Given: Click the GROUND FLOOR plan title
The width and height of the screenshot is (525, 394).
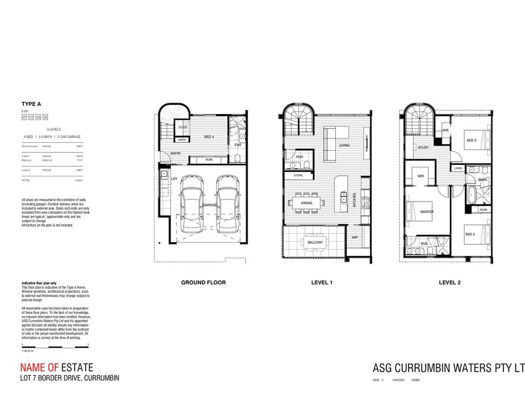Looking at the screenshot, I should pos(203,282).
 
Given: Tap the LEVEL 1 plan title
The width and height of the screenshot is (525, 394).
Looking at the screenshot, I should pos(322,282).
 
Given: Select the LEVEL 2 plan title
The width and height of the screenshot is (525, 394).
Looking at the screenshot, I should pos(449,282).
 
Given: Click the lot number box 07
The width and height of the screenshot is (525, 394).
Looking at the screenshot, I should pos(24,117).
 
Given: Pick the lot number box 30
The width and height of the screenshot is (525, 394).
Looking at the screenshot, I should pos(45,117).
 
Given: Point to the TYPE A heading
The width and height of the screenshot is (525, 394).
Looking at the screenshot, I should pos(31,104).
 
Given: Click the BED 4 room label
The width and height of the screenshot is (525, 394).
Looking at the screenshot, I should pos(209,137).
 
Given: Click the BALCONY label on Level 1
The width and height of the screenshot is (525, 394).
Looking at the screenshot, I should pos(315,242).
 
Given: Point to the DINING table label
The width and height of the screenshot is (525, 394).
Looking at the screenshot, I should pos(306,203).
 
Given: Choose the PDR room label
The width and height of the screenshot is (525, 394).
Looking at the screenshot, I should pos(299,157).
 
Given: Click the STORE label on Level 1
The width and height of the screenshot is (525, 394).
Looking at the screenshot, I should pos(298,175).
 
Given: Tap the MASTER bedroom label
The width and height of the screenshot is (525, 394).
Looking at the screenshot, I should pos(427,212).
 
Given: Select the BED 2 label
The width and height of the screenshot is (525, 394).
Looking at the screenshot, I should pos(471,141).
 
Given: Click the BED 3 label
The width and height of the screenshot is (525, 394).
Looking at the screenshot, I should pos(470,234).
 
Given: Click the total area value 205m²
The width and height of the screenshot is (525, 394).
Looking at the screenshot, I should pos(79,180).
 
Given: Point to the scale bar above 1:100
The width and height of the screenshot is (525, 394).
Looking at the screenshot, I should pos(55,347).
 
